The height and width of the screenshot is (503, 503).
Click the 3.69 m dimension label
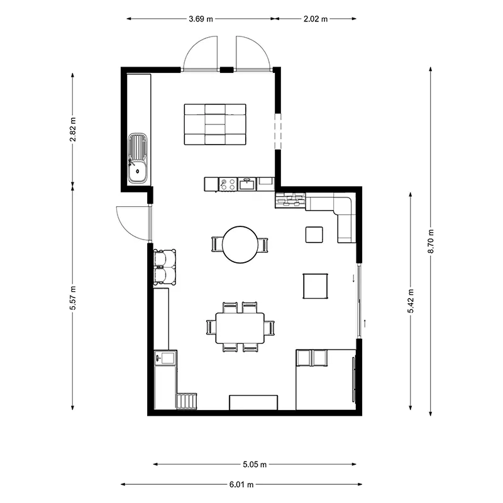(x=201, y=19)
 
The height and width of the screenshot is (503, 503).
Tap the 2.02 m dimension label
(x=316, y=19)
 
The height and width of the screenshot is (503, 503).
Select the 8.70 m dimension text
(x=431, y=241)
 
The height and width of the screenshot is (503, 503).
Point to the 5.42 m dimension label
(x=411, y=301)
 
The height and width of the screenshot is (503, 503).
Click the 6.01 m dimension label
(x=241, y=484)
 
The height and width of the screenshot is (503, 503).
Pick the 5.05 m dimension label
(x=255, y=464)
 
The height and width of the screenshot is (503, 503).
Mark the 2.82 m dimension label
(x=73, y=130)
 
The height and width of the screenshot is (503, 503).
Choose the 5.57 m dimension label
(x=73, y=298)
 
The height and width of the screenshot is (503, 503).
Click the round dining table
(x=240, y=245)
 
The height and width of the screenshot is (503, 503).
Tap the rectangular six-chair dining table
(x=240, y=328)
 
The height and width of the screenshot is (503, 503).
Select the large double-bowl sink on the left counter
(x=138, y=158)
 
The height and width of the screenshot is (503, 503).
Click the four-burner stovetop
(x=228, y=184)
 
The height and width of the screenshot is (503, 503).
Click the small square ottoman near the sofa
(x=314, y=235)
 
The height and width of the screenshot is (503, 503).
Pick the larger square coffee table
(x=316, y=286)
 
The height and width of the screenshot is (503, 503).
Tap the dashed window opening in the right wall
(x=278, y=131)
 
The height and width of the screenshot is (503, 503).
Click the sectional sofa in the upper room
(x=215, y=124)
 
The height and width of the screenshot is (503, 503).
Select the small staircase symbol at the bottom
(x=187, y=401)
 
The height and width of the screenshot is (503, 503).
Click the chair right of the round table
(x=263, y=245)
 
